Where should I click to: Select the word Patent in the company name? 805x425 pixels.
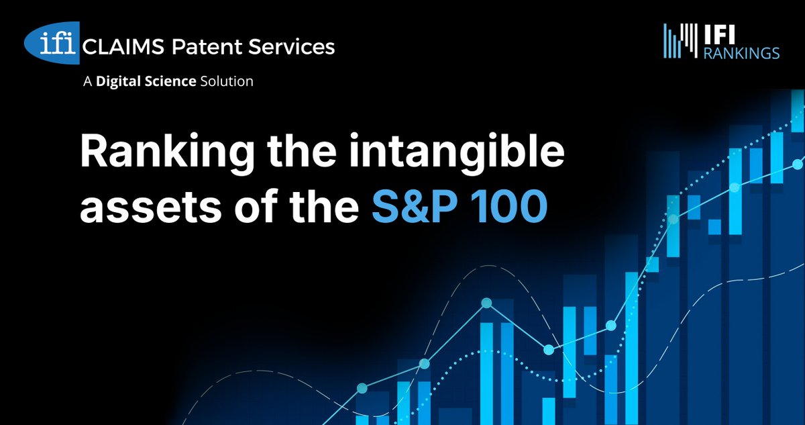pyautogui.click(x=200, y=46)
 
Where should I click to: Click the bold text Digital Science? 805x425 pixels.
pyautogui.click(x=146, y=82)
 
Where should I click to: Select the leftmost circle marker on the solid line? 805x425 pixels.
pyautogui.click(x=362, y=388)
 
